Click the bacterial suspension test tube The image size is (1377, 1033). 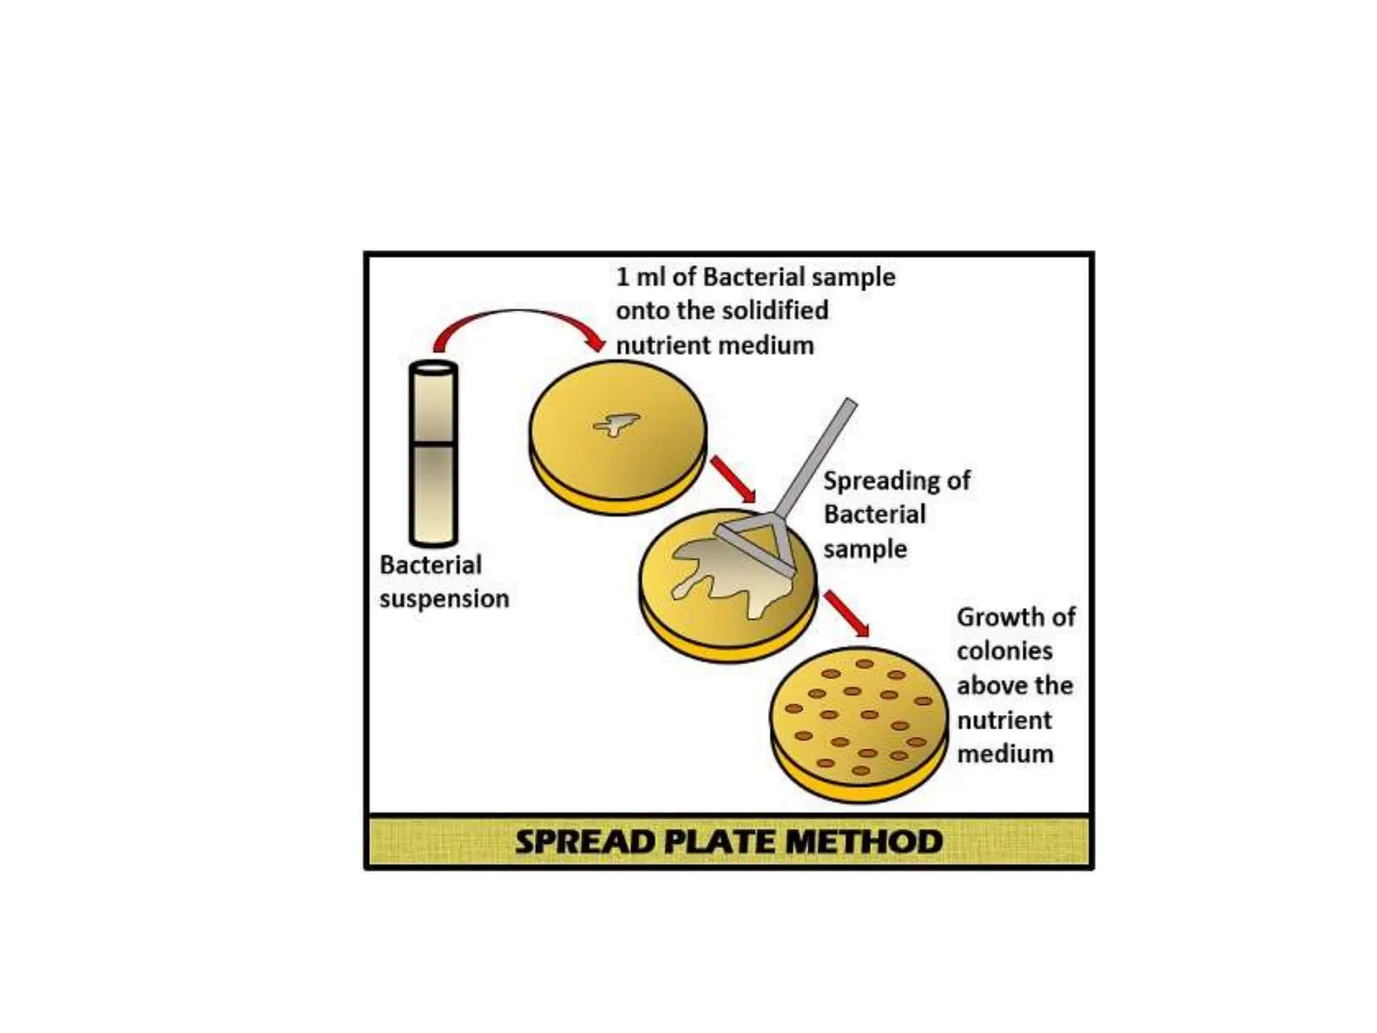tap(434, 471)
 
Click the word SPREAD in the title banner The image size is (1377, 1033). tap(584, 842)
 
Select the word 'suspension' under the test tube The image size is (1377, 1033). tap(444, 599)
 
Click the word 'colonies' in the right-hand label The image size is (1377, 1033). tap(1005, 651)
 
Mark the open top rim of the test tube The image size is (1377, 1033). tap(434, 369)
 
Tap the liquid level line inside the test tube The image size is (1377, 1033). tap(434, 443)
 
